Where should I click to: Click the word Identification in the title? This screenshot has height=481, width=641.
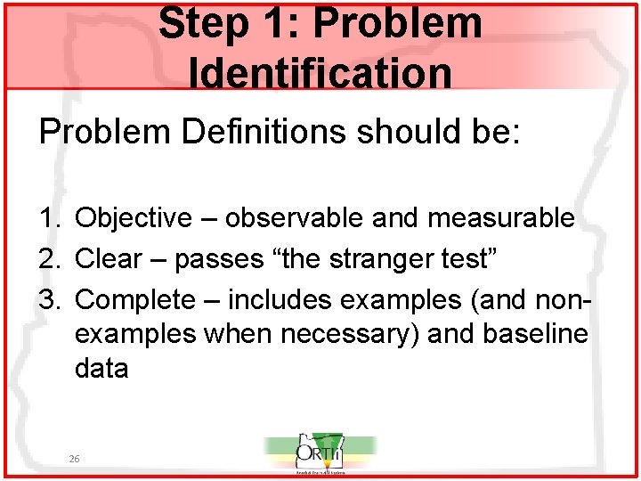point(320,73)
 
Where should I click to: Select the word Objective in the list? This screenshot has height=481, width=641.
point(134,217)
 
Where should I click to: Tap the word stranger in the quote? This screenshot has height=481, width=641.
point(389,259)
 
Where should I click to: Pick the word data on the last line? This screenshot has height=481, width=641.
point(102,368)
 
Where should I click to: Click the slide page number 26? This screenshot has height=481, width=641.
point(76,458)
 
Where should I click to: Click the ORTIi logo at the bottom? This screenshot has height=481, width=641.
point(320,454)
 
